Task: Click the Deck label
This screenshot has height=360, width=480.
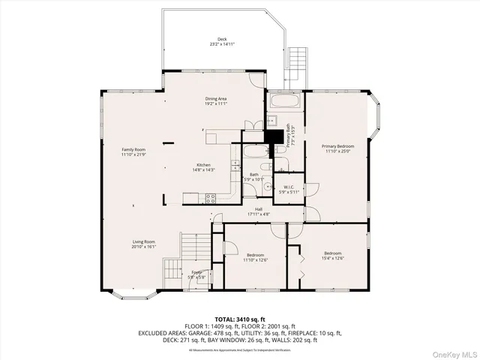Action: pos(222,41)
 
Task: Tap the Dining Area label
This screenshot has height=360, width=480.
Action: pos(216,101)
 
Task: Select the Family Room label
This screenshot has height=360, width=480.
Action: pos(133,152)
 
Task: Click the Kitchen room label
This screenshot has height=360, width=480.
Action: pos(203,167)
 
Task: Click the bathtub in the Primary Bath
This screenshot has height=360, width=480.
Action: pos(285,101)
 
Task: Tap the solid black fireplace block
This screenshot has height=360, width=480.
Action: pos(276,137)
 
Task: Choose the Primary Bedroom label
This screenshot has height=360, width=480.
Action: pos(337,148)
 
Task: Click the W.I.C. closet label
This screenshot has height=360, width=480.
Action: pos(288,189)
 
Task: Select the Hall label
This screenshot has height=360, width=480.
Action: pos(259,211)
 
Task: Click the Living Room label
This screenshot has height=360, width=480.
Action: pos(143,244)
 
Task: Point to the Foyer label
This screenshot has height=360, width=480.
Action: pos(196,274)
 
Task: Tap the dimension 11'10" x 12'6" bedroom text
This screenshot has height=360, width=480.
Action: pos(256,261)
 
